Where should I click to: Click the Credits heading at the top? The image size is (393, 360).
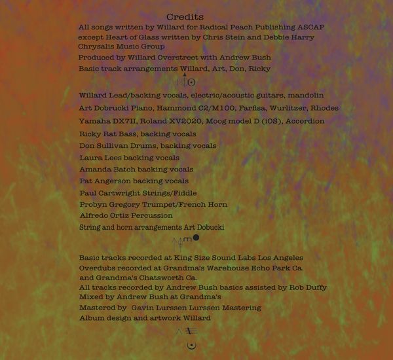click(185, 16)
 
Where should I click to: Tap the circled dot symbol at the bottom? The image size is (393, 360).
click(191, 345)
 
